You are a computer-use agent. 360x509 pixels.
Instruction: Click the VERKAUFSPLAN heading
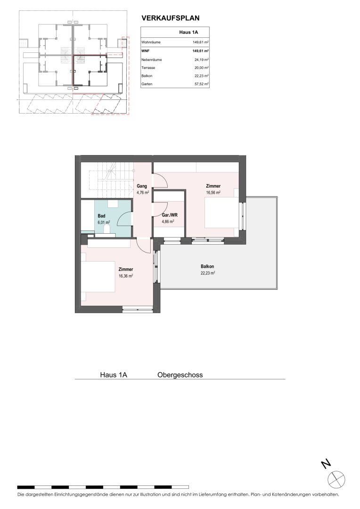tap(171, 18)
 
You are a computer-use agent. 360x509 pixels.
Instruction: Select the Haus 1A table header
tap(188, 32)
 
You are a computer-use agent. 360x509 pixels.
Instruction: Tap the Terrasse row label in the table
tap(148, 68)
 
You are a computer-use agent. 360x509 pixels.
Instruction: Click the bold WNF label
tap(145, 50)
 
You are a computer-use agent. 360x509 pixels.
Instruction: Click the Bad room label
tap(101, 216)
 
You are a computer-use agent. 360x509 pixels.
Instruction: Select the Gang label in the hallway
tap(142, 186)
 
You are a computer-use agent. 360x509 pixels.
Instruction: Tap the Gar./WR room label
tap(170, 215)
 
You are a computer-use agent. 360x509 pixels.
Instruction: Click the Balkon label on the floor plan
tap(207, 266)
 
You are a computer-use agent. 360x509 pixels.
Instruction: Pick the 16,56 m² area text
tap(213, 192)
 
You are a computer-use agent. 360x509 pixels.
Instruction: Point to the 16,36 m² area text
tap(126, 276)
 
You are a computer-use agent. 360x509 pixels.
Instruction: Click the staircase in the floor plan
tap(107, 180)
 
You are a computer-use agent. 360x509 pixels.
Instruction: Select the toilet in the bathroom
tap(107, 230)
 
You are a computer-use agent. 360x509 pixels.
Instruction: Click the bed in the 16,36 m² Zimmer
tap(98, 276)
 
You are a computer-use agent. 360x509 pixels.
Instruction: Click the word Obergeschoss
tap(180, 375)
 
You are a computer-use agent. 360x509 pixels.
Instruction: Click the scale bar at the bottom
tap(103, 487)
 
